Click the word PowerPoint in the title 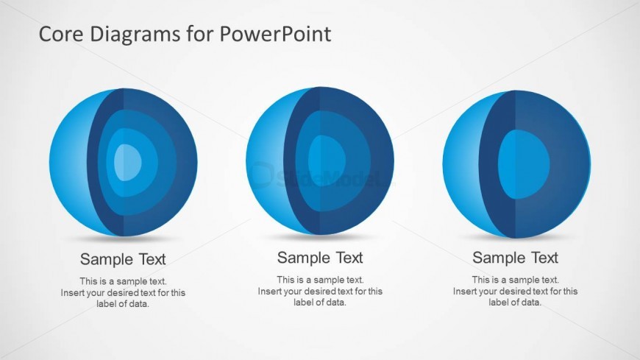coord(275,34)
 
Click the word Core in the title coord(61,34)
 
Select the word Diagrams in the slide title coord(135,35)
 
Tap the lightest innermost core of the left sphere coord(127,162)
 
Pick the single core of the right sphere coord(524,164)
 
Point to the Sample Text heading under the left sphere coord(123,259)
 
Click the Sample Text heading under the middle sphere coord(320,258)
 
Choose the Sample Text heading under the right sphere coord(515,258)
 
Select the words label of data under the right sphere coord(515,303)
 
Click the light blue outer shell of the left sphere coord(68,162)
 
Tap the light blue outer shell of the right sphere coord(461,164)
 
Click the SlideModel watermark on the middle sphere coord(322,177)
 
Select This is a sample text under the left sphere coord(124,281)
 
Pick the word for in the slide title coord(200,34)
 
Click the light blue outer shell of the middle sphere coord(266,161)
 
